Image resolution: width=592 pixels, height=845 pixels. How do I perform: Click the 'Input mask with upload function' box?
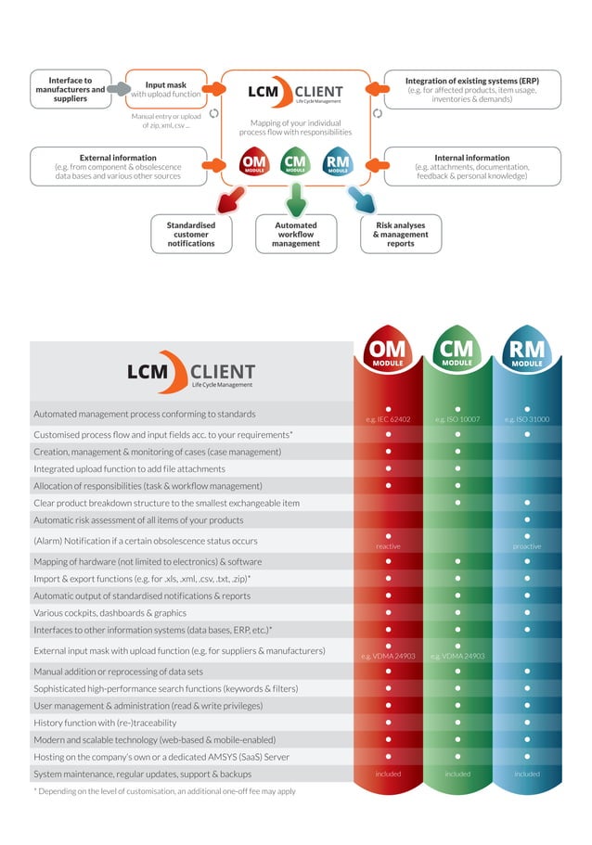tap(165, 89)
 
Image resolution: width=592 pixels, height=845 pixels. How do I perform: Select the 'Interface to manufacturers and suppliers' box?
tap(70, 89)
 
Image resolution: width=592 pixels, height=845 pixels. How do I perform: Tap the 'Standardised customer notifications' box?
tap(191, 234)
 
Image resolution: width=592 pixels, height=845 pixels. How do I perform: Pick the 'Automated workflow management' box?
tap(296, 234)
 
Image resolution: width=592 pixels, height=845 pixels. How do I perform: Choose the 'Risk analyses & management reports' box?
tap(400, 234)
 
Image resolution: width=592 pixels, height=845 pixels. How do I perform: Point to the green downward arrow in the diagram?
tap(296, 198)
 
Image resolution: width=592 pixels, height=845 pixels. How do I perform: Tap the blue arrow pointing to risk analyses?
tap(360, 198)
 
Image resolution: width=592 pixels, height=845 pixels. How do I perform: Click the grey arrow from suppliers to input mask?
tap(117, 90)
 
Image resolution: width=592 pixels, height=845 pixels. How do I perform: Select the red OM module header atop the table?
tap(388, 352)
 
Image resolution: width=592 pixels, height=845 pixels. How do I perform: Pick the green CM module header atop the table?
tap(457, 352)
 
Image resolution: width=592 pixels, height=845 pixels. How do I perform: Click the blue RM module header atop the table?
tap(526, 352)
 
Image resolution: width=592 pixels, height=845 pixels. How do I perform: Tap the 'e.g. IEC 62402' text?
tap(388, 419)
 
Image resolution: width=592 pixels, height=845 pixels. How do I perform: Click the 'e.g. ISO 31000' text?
tap(526, 419)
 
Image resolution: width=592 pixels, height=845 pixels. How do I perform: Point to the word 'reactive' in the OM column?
tap(388, 546)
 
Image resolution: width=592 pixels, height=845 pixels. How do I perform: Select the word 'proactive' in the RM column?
tap(526, 546)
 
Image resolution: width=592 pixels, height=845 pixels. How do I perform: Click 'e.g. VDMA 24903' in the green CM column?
tap(457, 656)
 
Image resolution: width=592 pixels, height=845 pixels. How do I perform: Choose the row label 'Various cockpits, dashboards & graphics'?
tap(109, 612)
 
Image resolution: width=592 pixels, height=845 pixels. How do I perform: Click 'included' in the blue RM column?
tap(526, 774)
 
